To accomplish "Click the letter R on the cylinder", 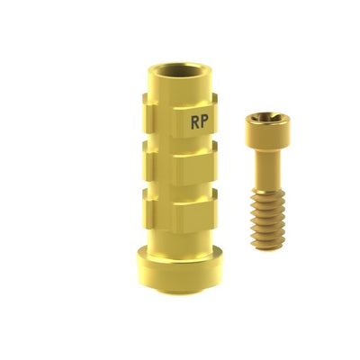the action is pos(195,122).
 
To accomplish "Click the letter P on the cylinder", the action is pos(205,121).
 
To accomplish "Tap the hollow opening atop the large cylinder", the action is pos(180,73).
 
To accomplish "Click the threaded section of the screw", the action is pos(265,220).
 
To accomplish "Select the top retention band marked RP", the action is pos(180,117).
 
